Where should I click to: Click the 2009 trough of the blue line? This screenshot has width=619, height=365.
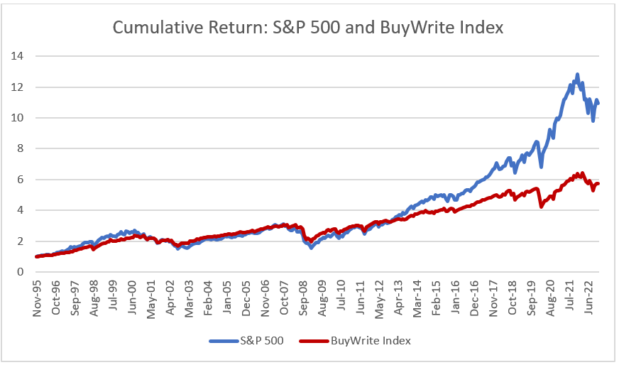click(311, 247)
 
